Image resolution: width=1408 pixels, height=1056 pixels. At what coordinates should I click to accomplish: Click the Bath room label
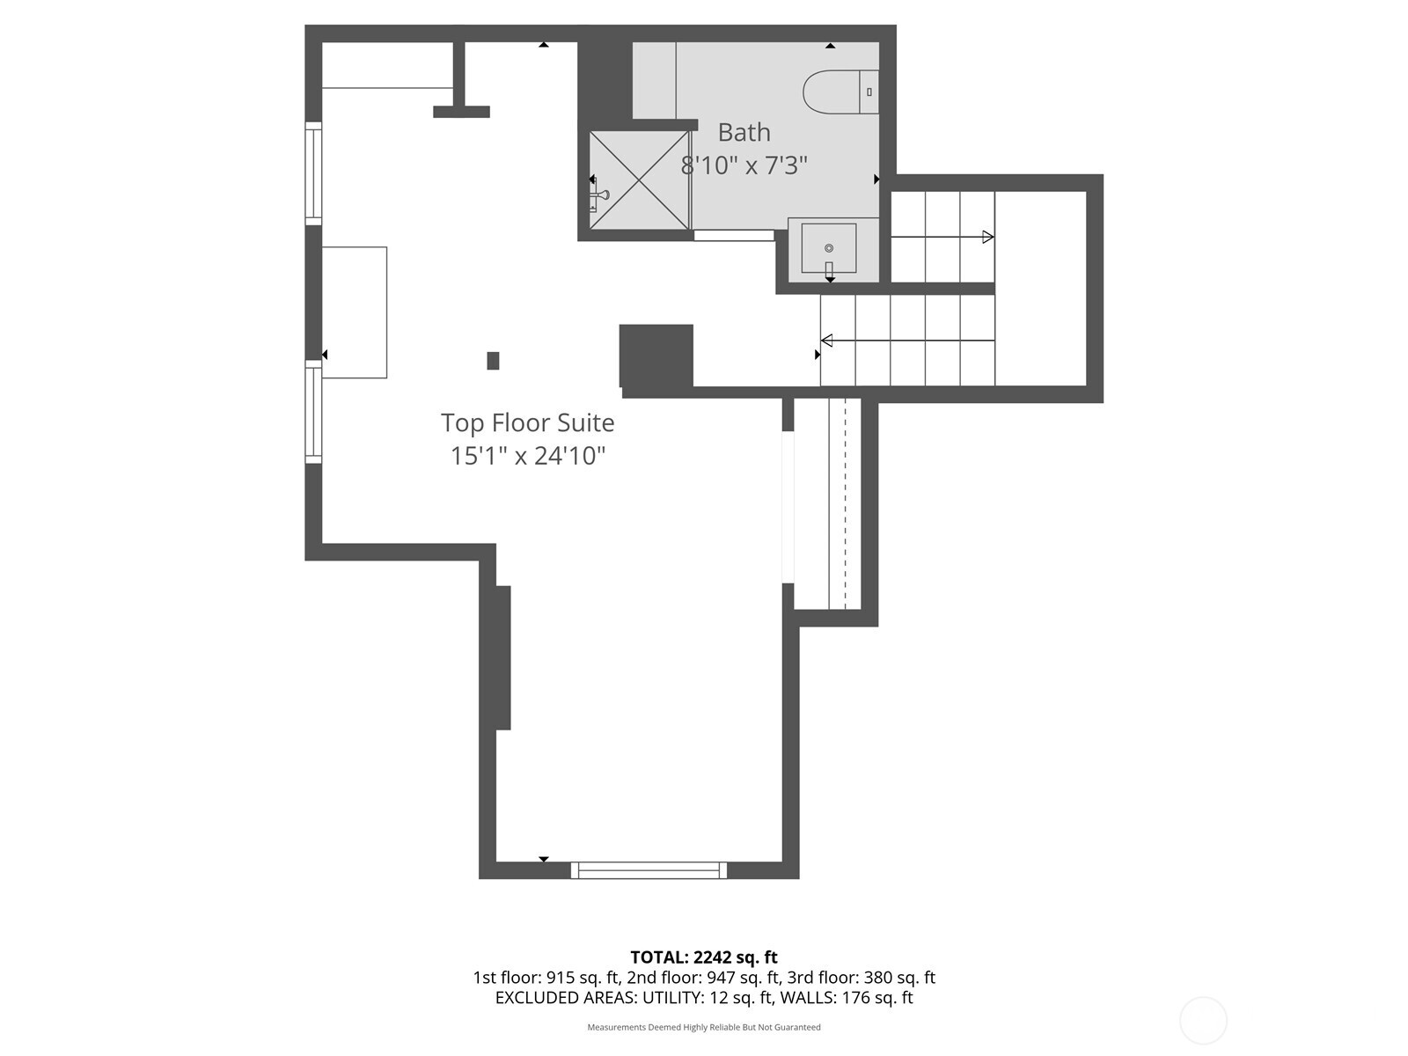click(744, 132)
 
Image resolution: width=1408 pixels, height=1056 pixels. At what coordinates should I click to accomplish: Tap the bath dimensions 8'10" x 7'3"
click(744, 165)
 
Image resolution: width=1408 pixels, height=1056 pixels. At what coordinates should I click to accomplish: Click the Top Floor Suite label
click(527, 422)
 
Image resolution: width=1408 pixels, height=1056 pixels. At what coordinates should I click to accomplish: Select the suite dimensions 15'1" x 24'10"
click(528, 456)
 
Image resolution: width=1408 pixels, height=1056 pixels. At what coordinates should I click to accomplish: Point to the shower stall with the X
click(640, 180)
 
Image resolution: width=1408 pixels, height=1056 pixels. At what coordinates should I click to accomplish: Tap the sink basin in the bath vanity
click(828, 248)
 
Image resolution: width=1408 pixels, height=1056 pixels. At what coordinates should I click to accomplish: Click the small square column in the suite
click(493, 360)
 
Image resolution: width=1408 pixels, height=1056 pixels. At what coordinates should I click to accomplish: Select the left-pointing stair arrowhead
click(826, 341)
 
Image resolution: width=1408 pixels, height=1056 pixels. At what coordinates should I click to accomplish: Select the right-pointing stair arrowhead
click(988, 237)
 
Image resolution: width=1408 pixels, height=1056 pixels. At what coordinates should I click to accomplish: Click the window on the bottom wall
click(649, 870)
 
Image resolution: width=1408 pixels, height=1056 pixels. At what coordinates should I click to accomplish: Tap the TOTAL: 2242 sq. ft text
click(703, 957)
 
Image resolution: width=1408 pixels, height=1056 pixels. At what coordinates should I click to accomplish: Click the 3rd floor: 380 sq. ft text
click(860, 978)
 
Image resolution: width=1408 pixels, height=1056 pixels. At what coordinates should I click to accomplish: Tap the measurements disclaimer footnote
click(703, 1027)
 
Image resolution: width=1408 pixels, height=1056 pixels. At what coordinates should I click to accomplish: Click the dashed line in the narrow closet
click(846, 502)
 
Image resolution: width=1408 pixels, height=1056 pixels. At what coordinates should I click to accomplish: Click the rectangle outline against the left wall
click(354, 312)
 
